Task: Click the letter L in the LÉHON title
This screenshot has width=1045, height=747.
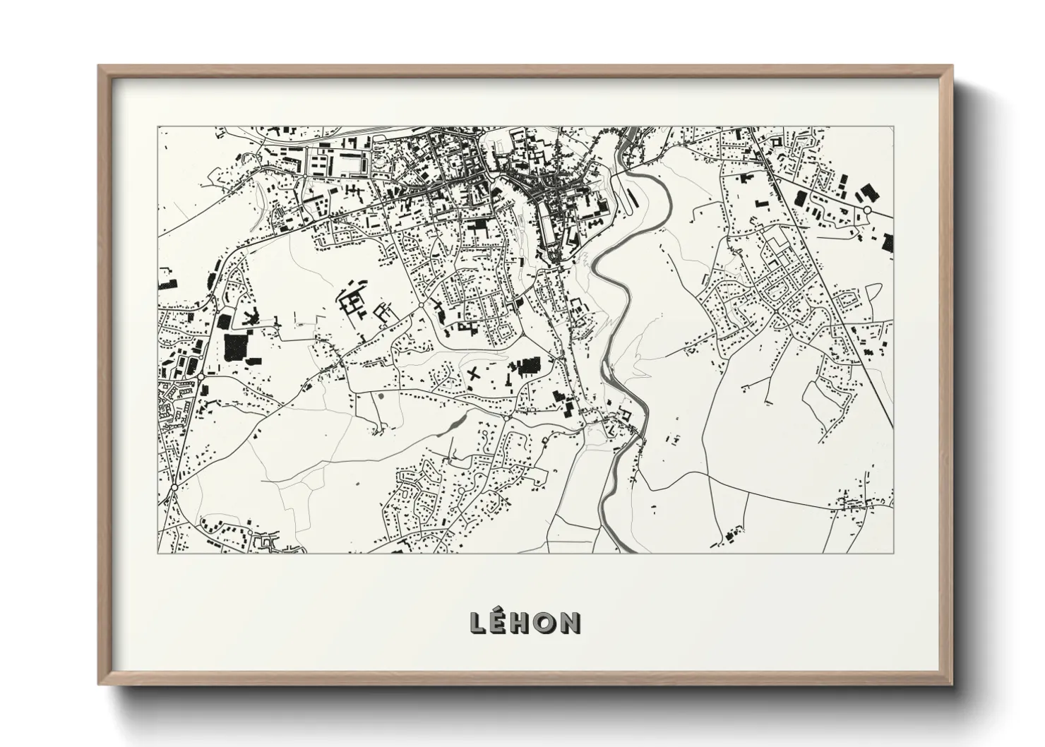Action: tap(478, 622)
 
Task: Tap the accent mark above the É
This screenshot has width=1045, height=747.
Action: tap(501, 611)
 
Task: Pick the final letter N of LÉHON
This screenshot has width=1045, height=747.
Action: tap(569, 622)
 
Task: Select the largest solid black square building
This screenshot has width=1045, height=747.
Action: tap(233, 348)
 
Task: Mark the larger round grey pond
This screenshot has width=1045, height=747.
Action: tap(381, 397)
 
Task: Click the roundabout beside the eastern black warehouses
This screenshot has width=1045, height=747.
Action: tap(867, 210)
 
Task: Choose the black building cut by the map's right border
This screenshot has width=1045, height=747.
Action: tap(888, 241)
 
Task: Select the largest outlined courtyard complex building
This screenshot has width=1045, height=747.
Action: tap(351, 304)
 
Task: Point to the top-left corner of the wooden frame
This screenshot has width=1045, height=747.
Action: tap(100, 66)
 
